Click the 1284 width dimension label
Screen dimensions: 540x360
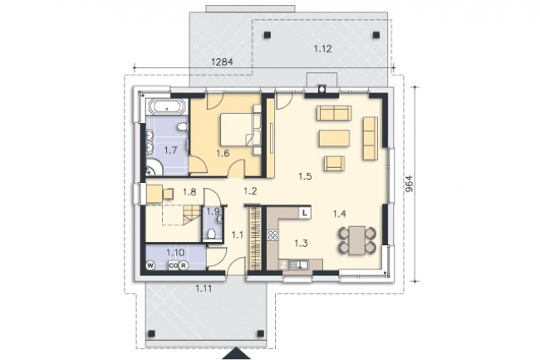click(222, 62)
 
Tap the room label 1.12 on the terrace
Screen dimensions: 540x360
click(322, 49)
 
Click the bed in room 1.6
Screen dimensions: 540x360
click(238, 130)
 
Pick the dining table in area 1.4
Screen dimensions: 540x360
click(356, 240)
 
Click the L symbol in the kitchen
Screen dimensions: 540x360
click(305, 213)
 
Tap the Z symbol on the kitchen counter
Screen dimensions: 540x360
click(283, 265)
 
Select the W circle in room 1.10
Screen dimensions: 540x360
click(150, 265)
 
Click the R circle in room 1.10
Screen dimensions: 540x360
click(184, 265)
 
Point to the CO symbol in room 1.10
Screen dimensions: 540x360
click(173, 265)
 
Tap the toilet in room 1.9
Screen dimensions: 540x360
click(212, 234)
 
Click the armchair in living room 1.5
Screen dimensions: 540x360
click(334, 163)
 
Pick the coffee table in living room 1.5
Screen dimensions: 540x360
click(335, 138)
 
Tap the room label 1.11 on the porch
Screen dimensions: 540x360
click(204, 288)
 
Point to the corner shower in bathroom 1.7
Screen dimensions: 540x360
click(153, 167)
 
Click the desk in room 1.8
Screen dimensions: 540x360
click(155, 193)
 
